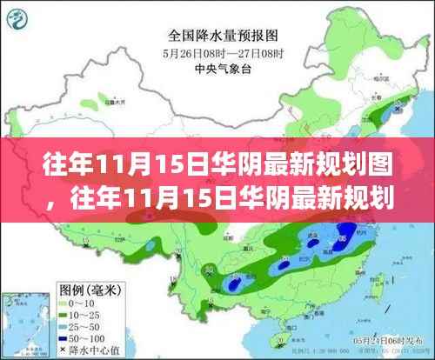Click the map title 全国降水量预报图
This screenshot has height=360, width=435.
(x=217, y=37)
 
